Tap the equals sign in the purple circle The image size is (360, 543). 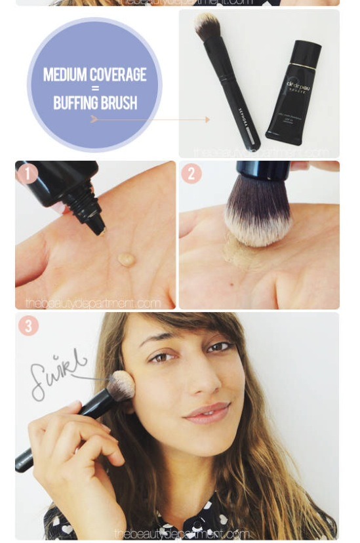tap(95, 89)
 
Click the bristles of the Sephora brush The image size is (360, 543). tap(207, 28)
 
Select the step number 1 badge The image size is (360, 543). tap(28, 174)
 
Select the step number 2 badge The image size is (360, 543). tap(191, 174)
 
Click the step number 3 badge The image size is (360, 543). tap(28, 326)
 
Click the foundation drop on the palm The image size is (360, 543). tap(126, 260)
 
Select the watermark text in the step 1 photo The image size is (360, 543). tap(93, 303)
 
